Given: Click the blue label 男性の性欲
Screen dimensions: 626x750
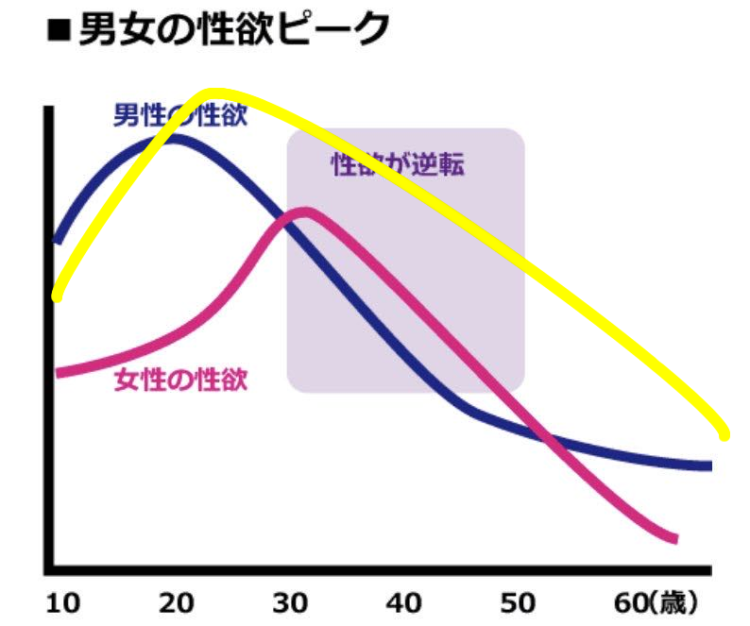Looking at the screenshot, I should [179, 115].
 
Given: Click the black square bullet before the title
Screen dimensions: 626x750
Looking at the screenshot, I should [59, 31].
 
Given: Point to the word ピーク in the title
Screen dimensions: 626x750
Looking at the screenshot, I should [334, 29].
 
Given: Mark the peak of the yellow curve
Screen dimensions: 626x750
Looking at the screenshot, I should [213, 93].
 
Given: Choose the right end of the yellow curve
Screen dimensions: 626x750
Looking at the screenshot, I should [724, 435].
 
